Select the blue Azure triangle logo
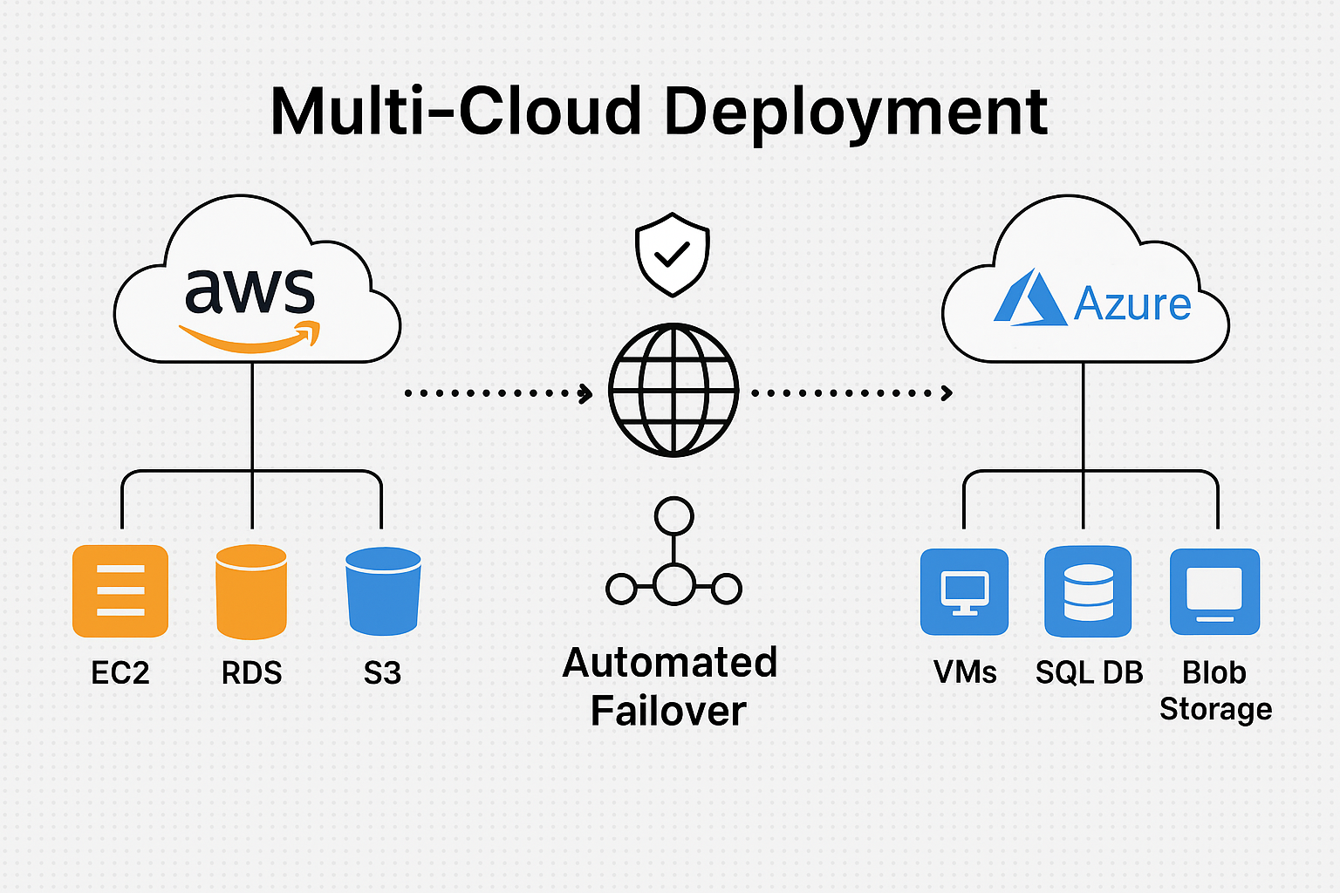click(x=1029, y=299)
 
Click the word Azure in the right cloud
click(x=1131, y=304)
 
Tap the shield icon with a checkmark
click(x=673, y=254)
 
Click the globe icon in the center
click(x=673, y=390)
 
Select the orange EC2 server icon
click(x=120, y=590)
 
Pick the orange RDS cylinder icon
click(x=251, y=591)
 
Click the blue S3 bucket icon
click(x=383, y=590)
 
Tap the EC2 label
click(x=120, y=673)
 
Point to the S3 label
click(x=382, y=673)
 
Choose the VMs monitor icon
click(x=964, y=591)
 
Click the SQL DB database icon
click(x=1088, y=591)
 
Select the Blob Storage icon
click(x=1214, y=591)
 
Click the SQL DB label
click(x=1089, y=672)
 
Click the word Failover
click(x=668, y=711)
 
